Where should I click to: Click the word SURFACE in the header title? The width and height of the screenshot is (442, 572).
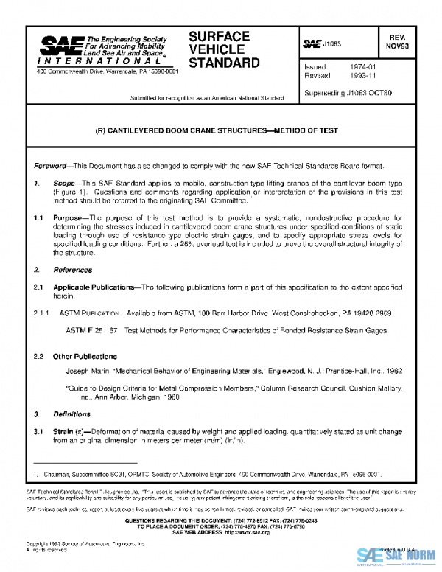click(219, 36)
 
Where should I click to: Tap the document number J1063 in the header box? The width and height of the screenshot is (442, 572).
click(332, 44)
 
